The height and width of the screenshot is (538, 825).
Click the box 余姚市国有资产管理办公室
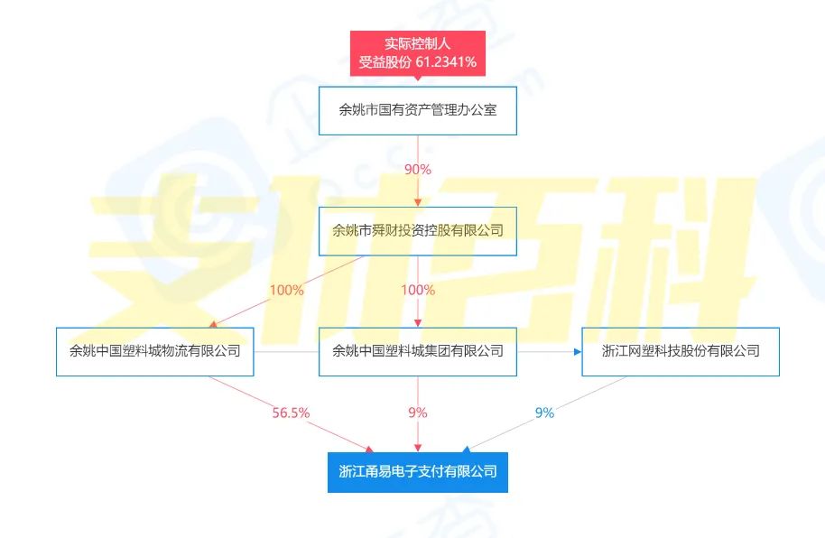(x=418, y=110)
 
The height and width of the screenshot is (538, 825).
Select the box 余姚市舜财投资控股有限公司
(x=418, y=231)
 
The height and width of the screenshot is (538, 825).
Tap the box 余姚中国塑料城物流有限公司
(x=154, y=352)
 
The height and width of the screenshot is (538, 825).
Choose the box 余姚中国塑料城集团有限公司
(x=418, y=352)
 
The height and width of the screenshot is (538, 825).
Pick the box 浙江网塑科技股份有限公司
(x=681, y=352)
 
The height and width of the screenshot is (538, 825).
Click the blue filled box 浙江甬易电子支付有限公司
(x=418, y=472)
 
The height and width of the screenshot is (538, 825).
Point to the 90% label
(x=418, y=170)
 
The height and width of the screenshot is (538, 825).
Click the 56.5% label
(x=291, y=413)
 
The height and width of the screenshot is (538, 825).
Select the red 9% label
(x=418, y=413)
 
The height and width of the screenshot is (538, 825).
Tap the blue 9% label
(x=544, y=413)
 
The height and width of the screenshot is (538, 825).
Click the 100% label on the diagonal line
(x=287, y=290)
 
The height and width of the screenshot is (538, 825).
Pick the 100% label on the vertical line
(x=418, y=290)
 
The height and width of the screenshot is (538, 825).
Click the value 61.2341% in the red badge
(x=446, y=62)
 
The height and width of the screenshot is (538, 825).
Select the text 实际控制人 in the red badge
(x=418, y=43)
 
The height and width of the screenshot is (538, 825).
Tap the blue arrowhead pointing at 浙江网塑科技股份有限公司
(x=578, y=352)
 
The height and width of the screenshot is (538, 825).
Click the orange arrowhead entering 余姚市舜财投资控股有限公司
(x=418, y=203)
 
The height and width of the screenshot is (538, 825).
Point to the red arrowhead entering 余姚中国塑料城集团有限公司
(x=418, y=323)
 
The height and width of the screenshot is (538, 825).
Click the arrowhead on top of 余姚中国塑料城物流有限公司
(x=213, y=324)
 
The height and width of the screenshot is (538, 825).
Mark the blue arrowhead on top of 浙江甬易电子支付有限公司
(x=466, y=449)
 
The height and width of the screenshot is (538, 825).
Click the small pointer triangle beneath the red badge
(x=418, y=78)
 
